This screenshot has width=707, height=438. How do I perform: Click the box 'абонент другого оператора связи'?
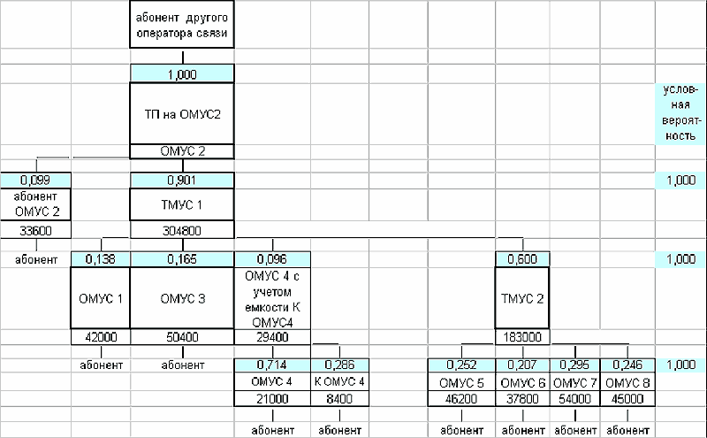click(x=182, y=26)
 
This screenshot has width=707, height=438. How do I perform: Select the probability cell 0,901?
click(x=182, y=181)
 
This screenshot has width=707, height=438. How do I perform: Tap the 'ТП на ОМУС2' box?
click(x=182, y=113)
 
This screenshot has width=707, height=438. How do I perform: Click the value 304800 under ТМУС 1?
click(x=182, y=230)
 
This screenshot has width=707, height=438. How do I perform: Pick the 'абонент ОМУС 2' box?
click(x=36, y=204)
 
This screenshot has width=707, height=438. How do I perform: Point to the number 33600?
click(x=36, y=230)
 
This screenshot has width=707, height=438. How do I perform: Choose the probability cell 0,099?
click(x=36, y=181)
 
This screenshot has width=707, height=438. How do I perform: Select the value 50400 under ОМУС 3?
click(x=182, y=337)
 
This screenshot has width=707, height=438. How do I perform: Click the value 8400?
click(x=339, y=399)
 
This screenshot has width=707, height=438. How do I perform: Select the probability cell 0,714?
click(x=271, y=365)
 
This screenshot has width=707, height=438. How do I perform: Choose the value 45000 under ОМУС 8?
click(x=627, y=399)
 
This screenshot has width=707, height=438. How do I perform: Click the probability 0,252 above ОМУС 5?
click(x=461, y=365)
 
